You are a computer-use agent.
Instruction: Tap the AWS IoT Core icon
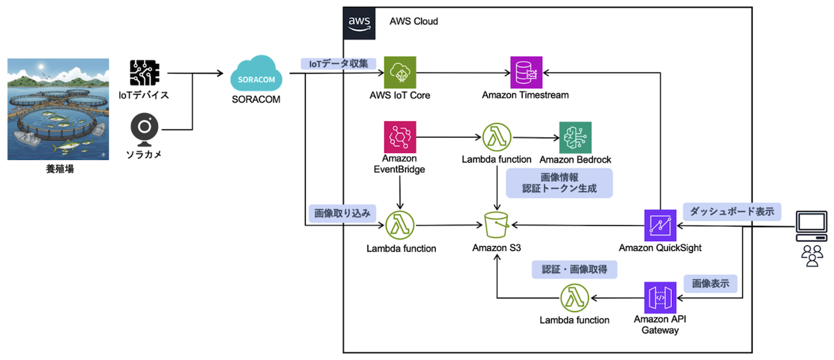point(400,72)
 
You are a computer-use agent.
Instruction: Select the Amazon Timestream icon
point(526,72)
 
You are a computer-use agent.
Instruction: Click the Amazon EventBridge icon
point(400,138)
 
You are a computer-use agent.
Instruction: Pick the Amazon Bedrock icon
point(575,138)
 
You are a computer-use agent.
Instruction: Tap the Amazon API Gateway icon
point(660,297)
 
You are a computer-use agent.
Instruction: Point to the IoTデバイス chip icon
point(145,73)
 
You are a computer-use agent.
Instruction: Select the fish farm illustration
point(58,109)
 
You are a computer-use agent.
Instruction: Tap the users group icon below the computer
point(811,255)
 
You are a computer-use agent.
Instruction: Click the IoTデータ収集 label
point(338,63)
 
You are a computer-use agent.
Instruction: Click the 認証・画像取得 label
point(574,270)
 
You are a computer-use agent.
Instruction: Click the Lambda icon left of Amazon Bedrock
point(496,138)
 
